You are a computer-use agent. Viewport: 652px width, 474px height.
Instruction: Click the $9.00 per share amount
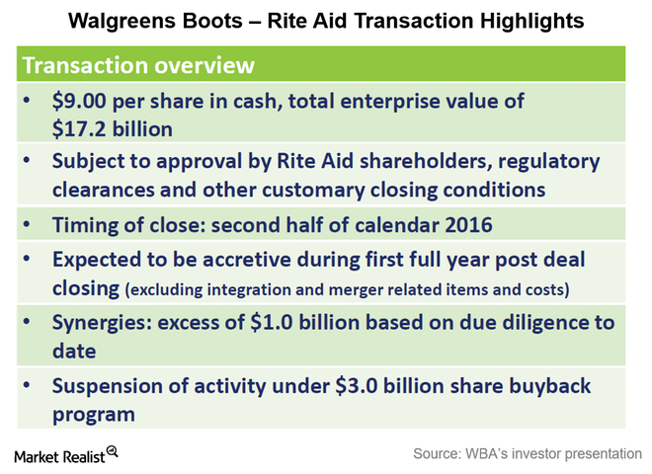click(79, 101)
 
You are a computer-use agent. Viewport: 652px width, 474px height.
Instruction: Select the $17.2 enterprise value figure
click(79, 129)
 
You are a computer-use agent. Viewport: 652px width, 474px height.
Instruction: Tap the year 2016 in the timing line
click(468, 225)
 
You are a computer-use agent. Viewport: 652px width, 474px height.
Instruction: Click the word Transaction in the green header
click(85, 65)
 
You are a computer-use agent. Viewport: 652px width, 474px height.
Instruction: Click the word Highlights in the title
click(531, 21)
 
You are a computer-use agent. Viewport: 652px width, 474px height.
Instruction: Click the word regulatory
click(549, 162)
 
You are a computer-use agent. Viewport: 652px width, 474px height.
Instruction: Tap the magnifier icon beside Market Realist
click(113, 451)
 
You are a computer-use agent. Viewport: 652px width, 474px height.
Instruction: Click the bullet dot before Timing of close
click(27, 224)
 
